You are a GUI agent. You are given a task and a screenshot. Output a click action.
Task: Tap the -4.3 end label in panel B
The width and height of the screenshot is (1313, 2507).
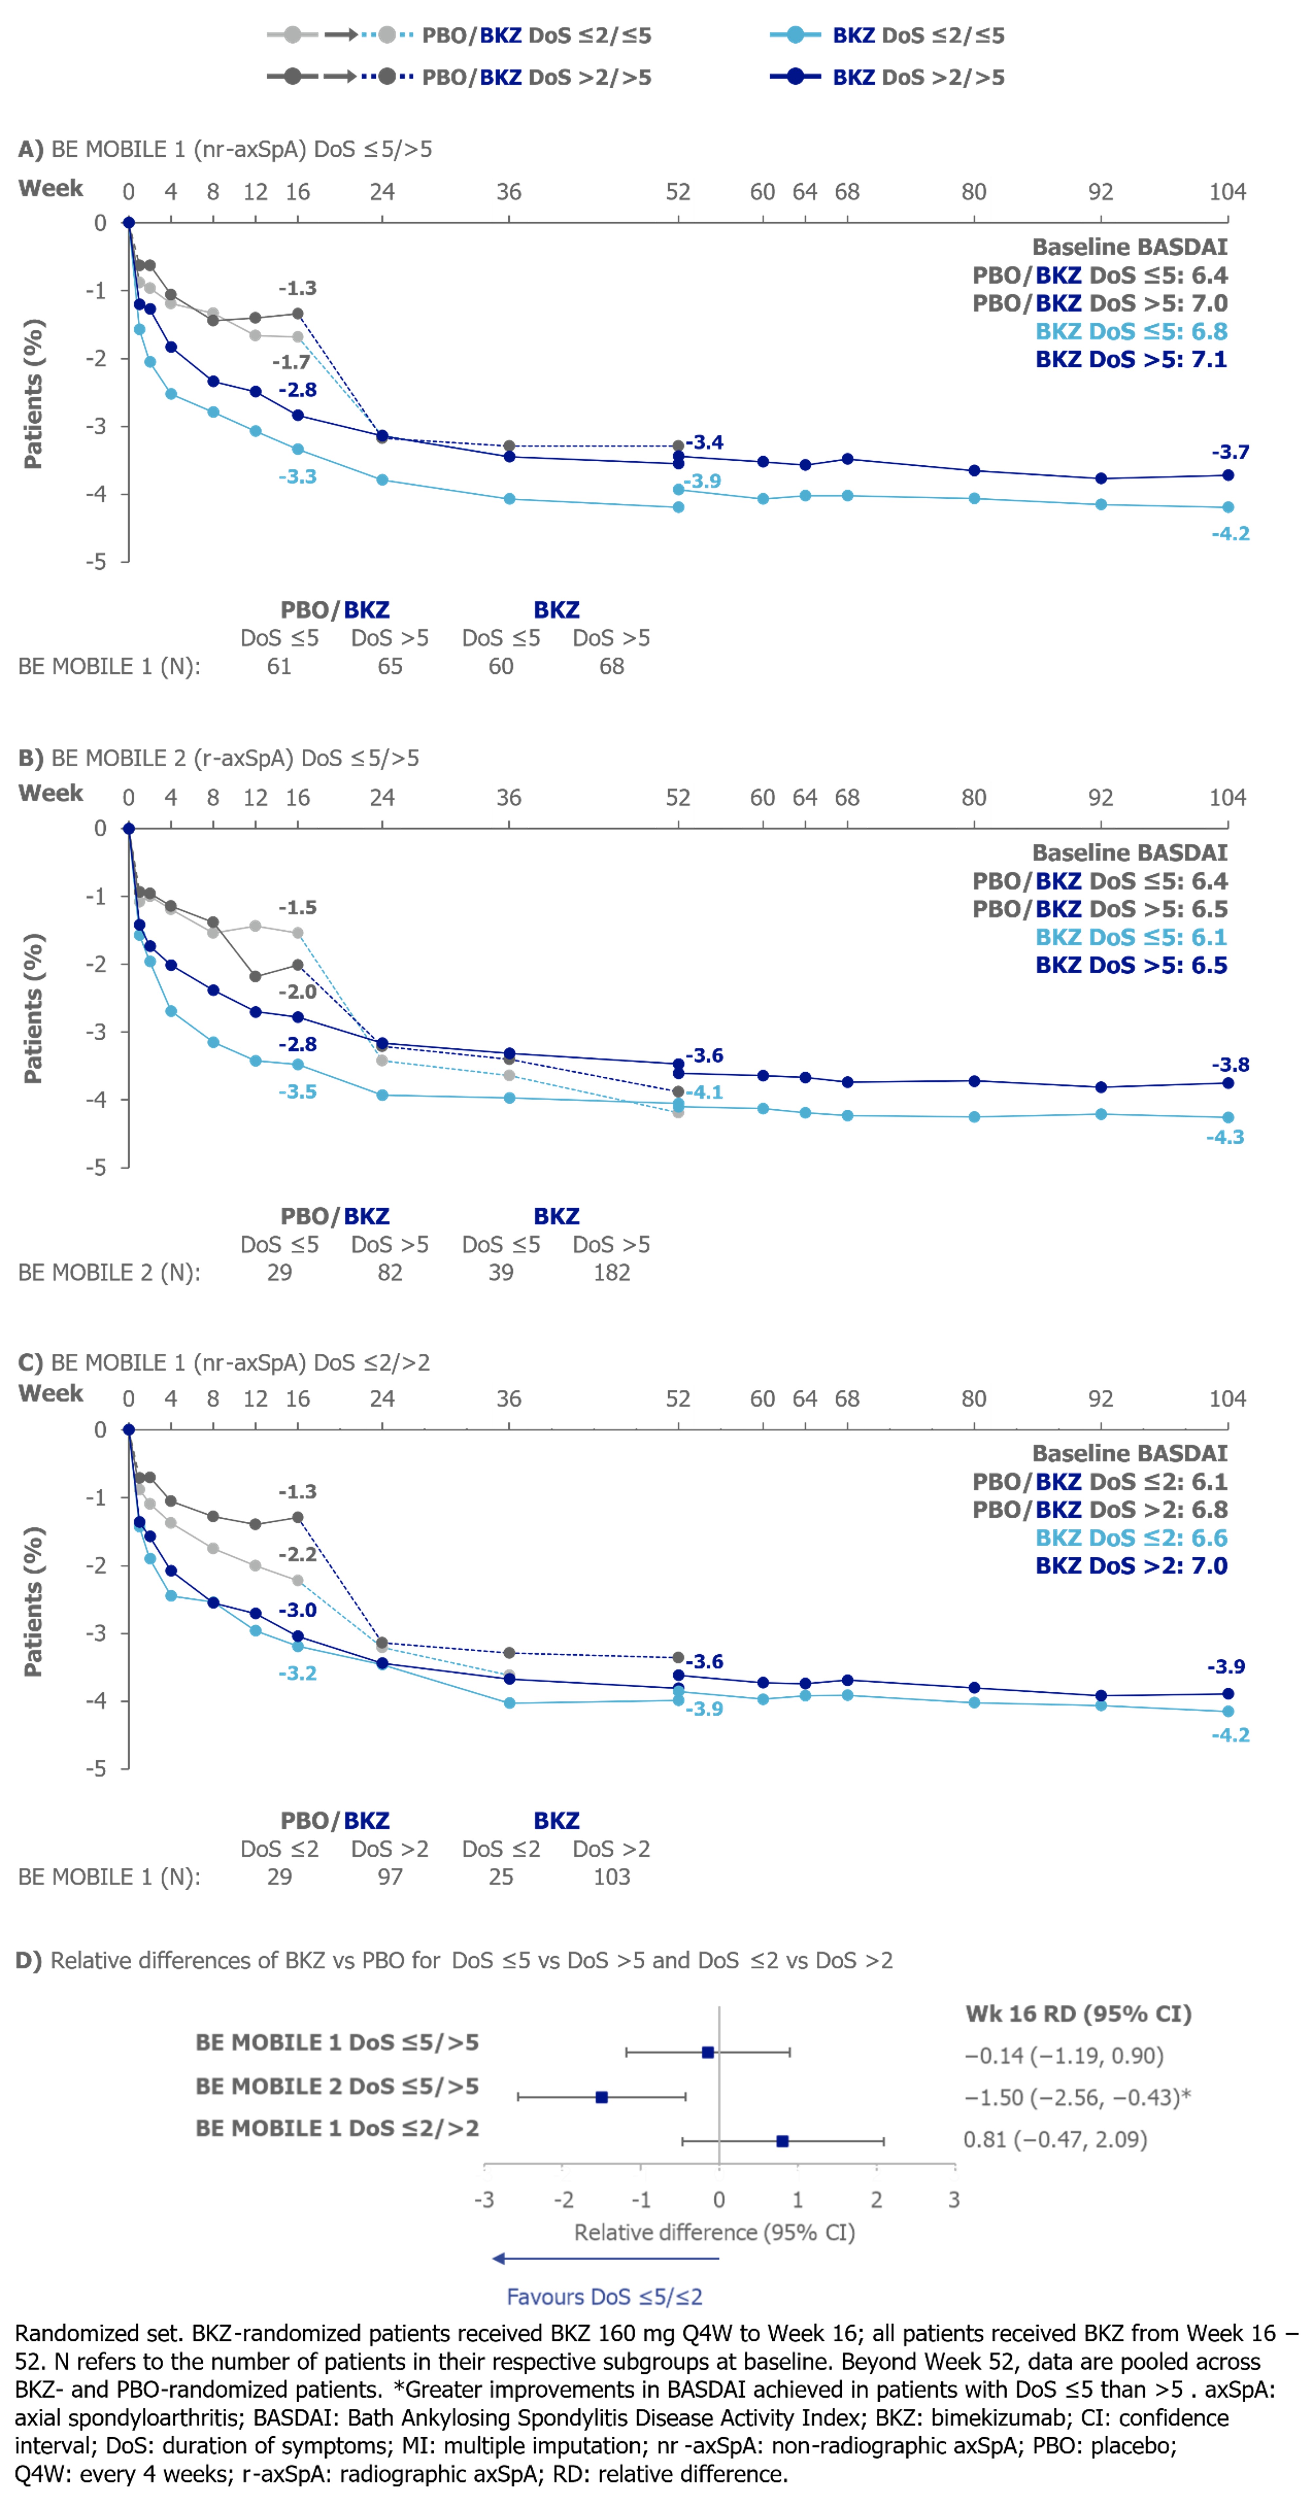pyautogui.click(x=1224, y=1137)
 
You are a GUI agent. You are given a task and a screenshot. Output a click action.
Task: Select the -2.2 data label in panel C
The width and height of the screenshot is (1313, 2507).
pyautogui.click(x=297, y=1554)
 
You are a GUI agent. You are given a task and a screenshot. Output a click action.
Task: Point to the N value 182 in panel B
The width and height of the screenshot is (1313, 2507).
pyautogui.click(x=611, y=1273)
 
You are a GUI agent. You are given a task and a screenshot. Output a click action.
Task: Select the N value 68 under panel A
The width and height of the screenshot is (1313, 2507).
pyautogui.click(x=611, y=667)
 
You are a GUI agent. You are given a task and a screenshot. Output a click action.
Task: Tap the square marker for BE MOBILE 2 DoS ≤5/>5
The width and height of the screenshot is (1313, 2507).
pyautogui.click(x=602, y=2097)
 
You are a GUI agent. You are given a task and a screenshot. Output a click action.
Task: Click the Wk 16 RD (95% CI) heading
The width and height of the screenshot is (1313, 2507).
pyautogui.click(x=1077, y=2014)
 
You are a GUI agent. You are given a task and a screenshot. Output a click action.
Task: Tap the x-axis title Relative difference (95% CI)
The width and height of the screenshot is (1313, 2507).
pyautogui.click(x=714, y=2232)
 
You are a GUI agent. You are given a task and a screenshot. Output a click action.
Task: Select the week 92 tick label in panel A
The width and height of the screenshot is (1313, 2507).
pyautogui.click(x=1100, y=192)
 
